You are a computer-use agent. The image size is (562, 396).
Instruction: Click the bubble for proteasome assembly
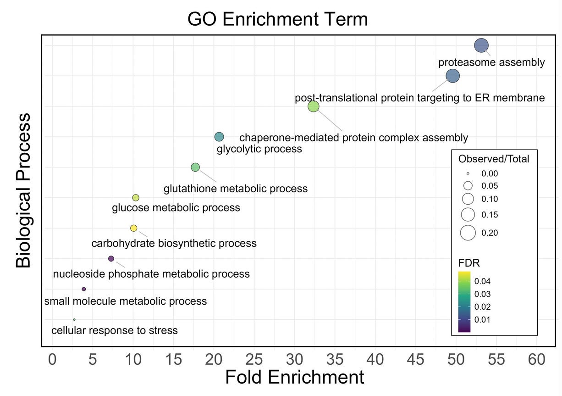click(481, 45)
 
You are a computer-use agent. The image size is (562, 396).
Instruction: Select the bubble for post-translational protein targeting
click(452, 76)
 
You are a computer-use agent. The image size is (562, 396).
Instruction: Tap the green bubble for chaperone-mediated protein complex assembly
click(313, 106)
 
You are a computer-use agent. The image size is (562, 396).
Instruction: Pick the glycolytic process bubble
click(219, 137)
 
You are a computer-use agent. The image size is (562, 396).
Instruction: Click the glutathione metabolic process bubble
click(195, 167)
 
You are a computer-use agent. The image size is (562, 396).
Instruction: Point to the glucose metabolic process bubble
click(136, 198)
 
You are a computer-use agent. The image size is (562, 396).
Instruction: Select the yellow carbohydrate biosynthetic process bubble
click(133, 228)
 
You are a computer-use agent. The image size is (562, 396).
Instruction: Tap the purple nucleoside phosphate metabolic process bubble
click(111, 259)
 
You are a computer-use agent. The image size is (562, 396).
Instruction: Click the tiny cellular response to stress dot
click(74, 319)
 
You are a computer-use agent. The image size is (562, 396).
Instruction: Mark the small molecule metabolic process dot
click(84, 289)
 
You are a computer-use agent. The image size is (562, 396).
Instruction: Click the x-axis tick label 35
click(335, 359)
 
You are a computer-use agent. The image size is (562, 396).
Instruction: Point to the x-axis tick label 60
click(537, 359)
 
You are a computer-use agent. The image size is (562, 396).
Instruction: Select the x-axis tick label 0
click(52, 359)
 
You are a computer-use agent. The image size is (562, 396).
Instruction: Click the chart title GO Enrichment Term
click(277, 20)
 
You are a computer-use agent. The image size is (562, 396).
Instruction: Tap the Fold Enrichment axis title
click(294, 378)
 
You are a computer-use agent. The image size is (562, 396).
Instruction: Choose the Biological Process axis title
click(24, 190)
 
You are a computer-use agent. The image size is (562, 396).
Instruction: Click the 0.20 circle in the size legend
click(468, 233)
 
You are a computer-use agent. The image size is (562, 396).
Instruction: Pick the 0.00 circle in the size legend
click(468, 174)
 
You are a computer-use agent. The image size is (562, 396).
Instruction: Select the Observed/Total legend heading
click(494, 159)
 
